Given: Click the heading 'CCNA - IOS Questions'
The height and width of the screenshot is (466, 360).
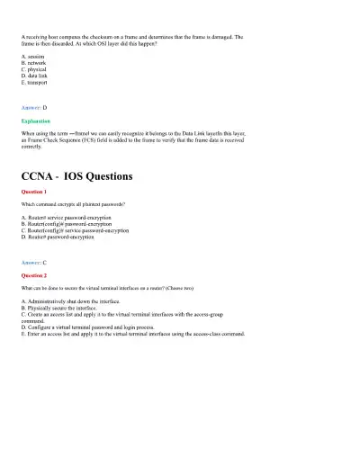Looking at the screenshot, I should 76,176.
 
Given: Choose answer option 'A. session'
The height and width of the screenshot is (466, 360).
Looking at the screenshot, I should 32,56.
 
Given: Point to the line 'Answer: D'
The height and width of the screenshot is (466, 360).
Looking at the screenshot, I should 32,107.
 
